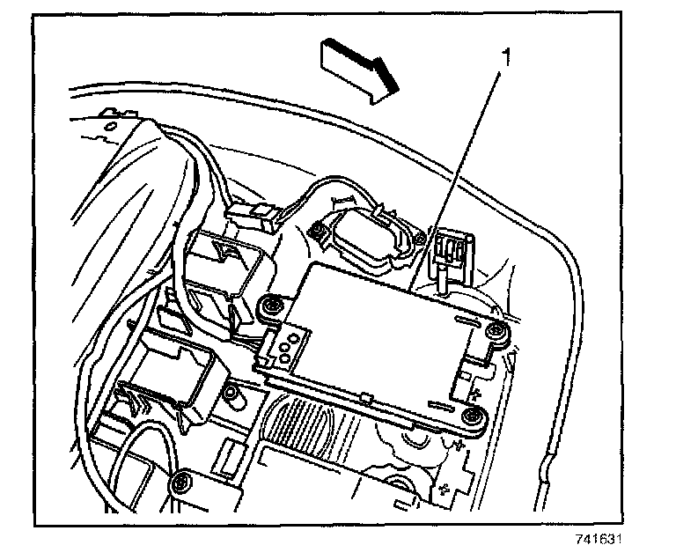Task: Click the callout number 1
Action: coord(505,58)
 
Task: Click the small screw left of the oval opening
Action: coord(313,231)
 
